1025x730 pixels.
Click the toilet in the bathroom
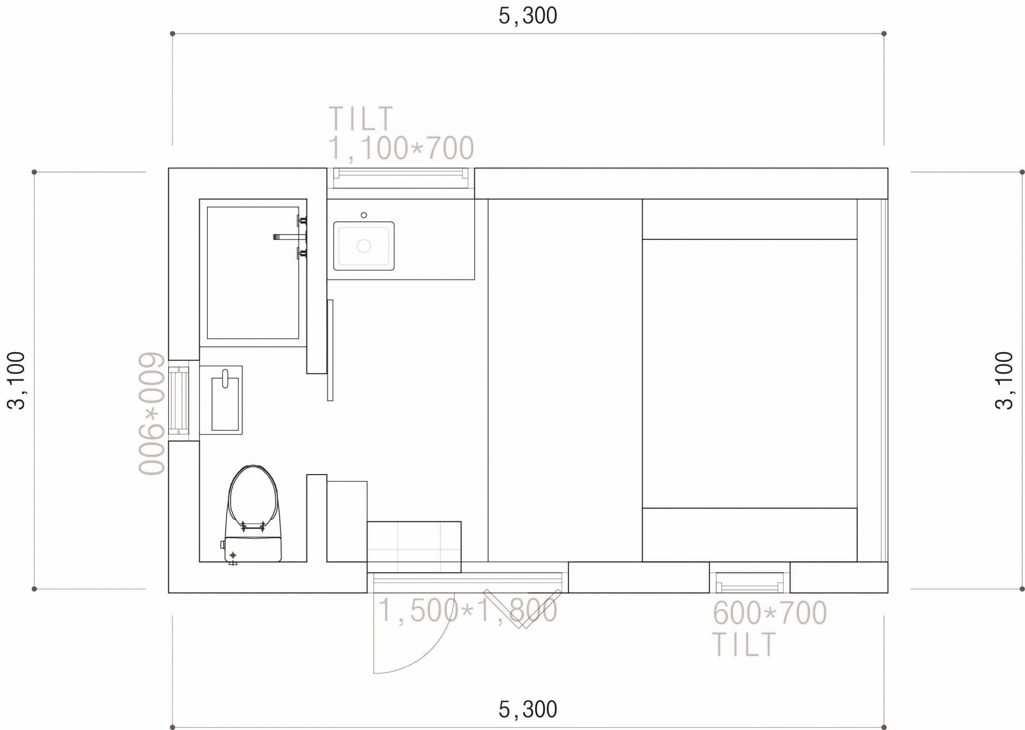click(x=253, y=513)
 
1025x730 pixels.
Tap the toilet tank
click(x=253, y=549)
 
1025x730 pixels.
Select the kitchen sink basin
click(x=364, y=246)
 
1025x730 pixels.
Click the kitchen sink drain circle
click(x=364, y=246)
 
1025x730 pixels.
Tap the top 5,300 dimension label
click(x=528, y=16)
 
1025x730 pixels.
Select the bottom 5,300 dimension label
click(x=528, y=710)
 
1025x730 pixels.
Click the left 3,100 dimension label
click(x=17, y=380)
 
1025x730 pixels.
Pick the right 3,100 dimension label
click(x=1005, y=380)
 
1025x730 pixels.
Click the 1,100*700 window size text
click(x=401, y=148)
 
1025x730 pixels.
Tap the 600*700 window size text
click(x=770, y=612)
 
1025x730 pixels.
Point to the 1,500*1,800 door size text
click(x=468, y=610)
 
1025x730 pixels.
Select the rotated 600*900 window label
click(x=152, y=413)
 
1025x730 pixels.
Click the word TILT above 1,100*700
click(x=361, y=118)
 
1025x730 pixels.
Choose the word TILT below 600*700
click(x=744, y=644)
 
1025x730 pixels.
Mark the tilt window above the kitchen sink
click(x=401, y=178)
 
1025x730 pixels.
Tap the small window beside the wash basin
click(x=178, y=400)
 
